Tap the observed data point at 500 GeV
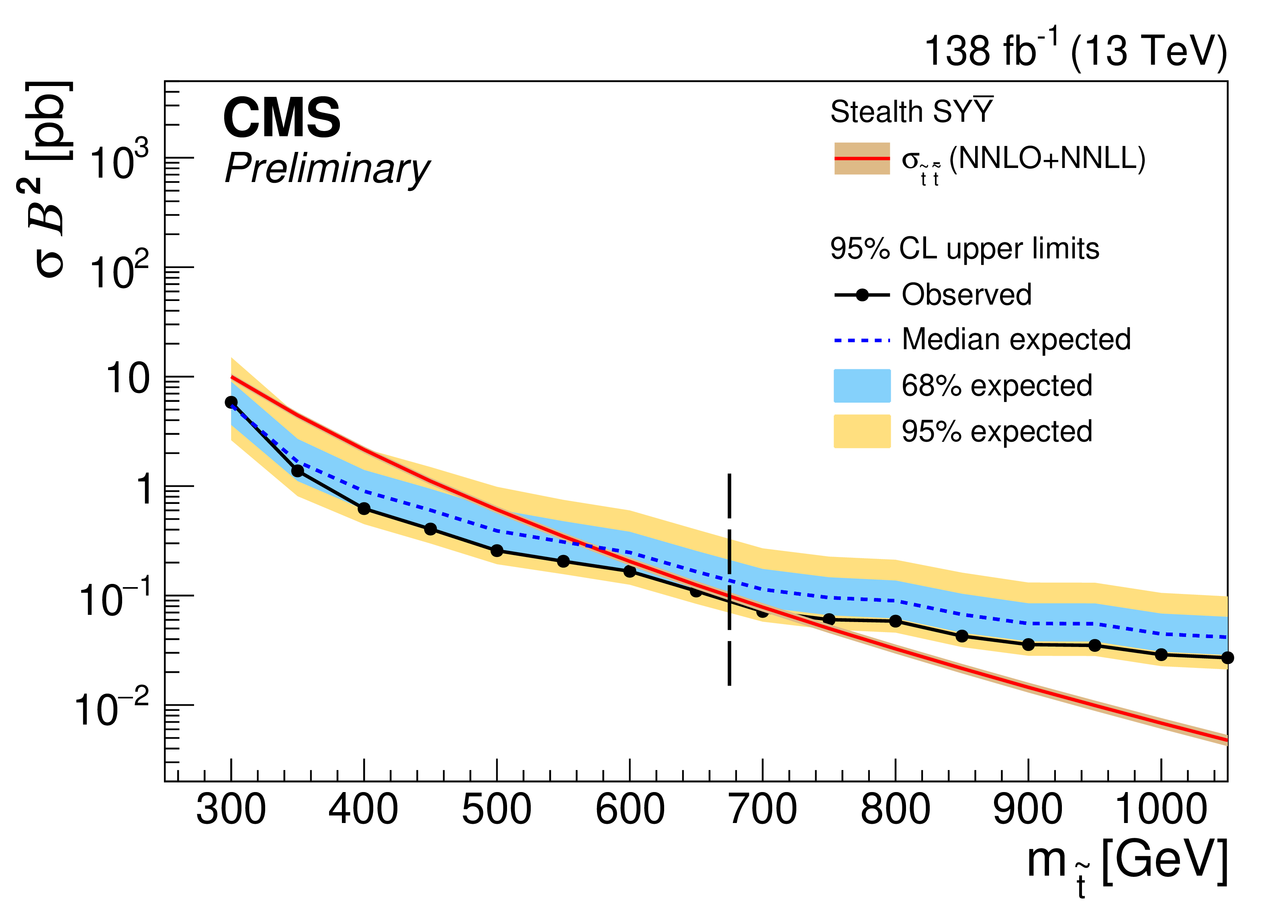coord(497,551)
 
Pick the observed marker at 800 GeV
coord(895,621)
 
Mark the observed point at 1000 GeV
coord(1161,654)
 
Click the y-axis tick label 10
coord(128,379)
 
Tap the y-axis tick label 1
coord(144,489)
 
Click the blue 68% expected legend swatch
coord(862,386)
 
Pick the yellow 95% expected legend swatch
coord(862,431)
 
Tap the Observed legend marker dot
coord(862,295)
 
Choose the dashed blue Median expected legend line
coord(862,340)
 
